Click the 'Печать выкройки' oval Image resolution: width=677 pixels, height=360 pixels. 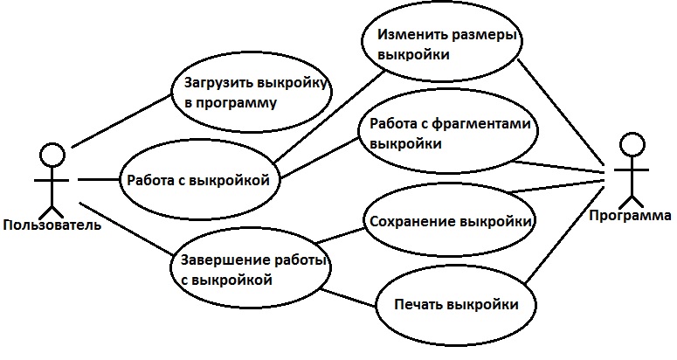pyautogui.click(x=452, y=305)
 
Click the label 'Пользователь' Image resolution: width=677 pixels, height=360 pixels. pyautogui.click(x=52, y=225)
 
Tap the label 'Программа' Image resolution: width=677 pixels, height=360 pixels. pyautogui.click(x=630, y=215)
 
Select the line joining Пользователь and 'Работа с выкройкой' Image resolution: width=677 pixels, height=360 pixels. pyautogui.click(x=97, y=179)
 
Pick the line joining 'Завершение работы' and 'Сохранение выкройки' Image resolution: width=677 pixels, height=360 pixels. pyautogui.click(x=339, y=233)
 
